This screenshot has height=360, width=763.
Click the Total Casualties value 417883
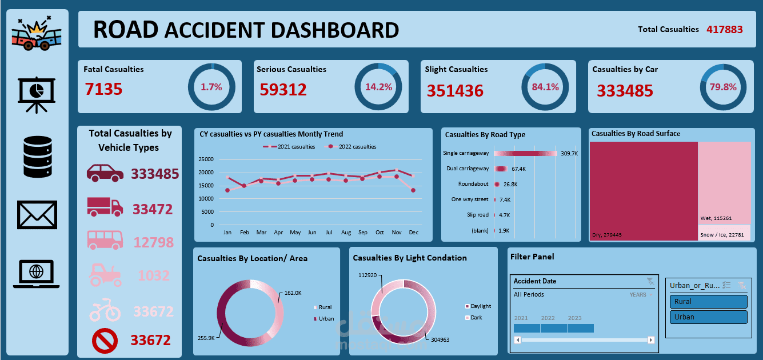(x=725, y=29)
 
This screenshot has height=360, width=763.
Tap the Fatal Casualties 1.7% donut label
(x=211, y=87)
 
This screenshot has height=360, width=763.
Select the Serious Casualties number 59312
(x=283, y=90)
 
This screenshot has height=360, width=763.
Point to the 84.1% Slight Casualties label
(x=545, y=87)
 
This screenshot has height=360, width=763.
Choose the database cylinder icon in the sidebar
(x=37, y=157)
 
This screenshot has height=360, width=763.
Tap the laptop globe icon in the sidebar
(x=37, y=274)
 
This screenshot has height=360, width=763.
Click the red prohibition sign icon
(x=105, y=341)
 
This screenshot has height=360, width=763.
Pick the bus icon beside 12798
(x=105, y=240)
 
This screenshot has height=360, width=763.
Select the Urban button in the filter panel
(x=708, y=317)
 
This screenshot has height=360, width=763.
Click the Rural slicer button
(x=708, y=302)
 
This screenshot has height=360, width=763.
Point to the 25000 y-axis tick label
(x=204, y=159)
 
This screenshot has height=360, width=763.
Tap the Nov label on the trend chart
(x=396, y=233)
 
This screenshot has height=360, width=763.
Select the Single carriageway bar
(x=525, y=153)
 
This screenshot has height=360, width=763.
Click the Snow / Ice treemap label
(x=723, y=235)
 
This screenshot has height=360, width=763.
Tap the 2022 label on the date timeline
(x=548, y=318)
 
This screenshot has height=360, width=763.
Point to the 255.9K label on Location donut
(x=206, y=338)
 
